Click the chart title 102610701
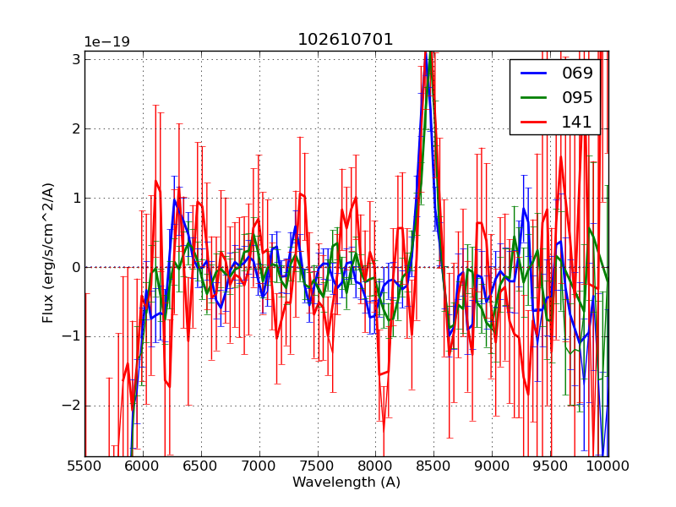[x=346, y=40]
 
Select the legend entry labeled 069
[x=577, y=73]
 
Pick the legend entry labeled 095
[x=577, y=97]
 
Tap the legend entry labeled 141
[x=577, y=122]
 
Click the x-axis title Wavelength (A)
[x=346, y=482]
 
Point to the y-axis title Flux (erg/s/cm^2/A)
[x=49, y=252]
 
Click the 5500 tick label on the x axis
[x=84, y=466]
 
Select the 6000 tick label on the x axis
[x=143, y=466]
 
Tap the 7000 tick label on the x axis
[x=259, y=466]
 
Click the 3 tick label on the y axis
[x=75, y=59]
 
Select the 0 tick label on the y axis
[x=75, y=267]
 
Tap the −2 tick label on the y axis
[x=71, y=406]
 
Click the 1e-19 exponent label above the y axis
[x=106, y=42]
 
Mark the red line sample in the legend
[x=534, y=122]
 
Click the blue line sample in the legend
[x=534, y=73]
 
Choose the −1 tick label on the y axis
[x=71, y=336]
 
